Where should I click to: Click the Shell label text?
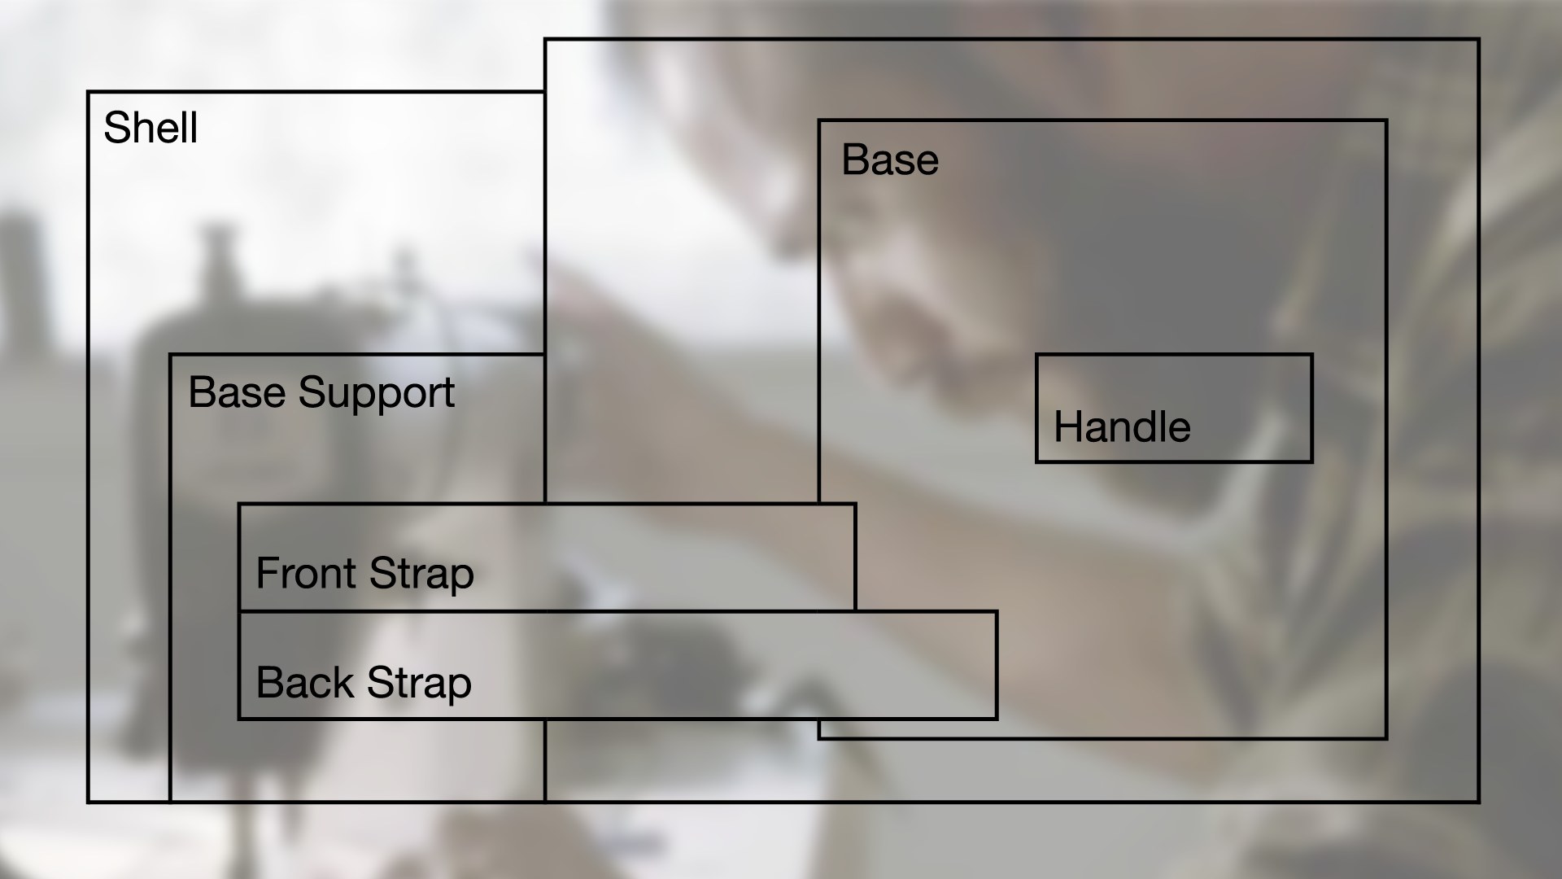151,129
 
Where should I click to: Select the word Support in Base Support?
376,394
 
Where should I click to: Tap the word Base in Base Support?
239,392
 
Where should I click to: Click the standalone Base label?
890,160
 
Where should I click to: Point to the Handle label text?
1122,427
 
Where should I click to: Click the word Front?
307,573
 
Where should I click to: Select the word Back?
305,683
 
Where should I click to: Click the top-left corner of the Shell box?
88,92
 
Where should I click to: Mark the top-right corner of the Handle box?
1312,355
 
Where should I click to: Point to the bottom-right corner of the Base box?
1386,738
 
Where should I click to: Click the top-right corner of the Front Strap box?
855,505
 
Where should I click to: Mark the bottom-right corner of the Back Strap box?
997,719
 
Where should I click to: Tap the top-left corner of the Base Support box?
170,355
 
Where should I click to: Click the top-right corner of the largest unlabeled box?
1478,39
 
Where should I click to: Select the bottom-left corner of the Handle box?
1036,462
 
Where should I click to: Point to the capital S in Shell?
116,129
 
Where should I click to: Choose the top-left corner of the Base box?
819,121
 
